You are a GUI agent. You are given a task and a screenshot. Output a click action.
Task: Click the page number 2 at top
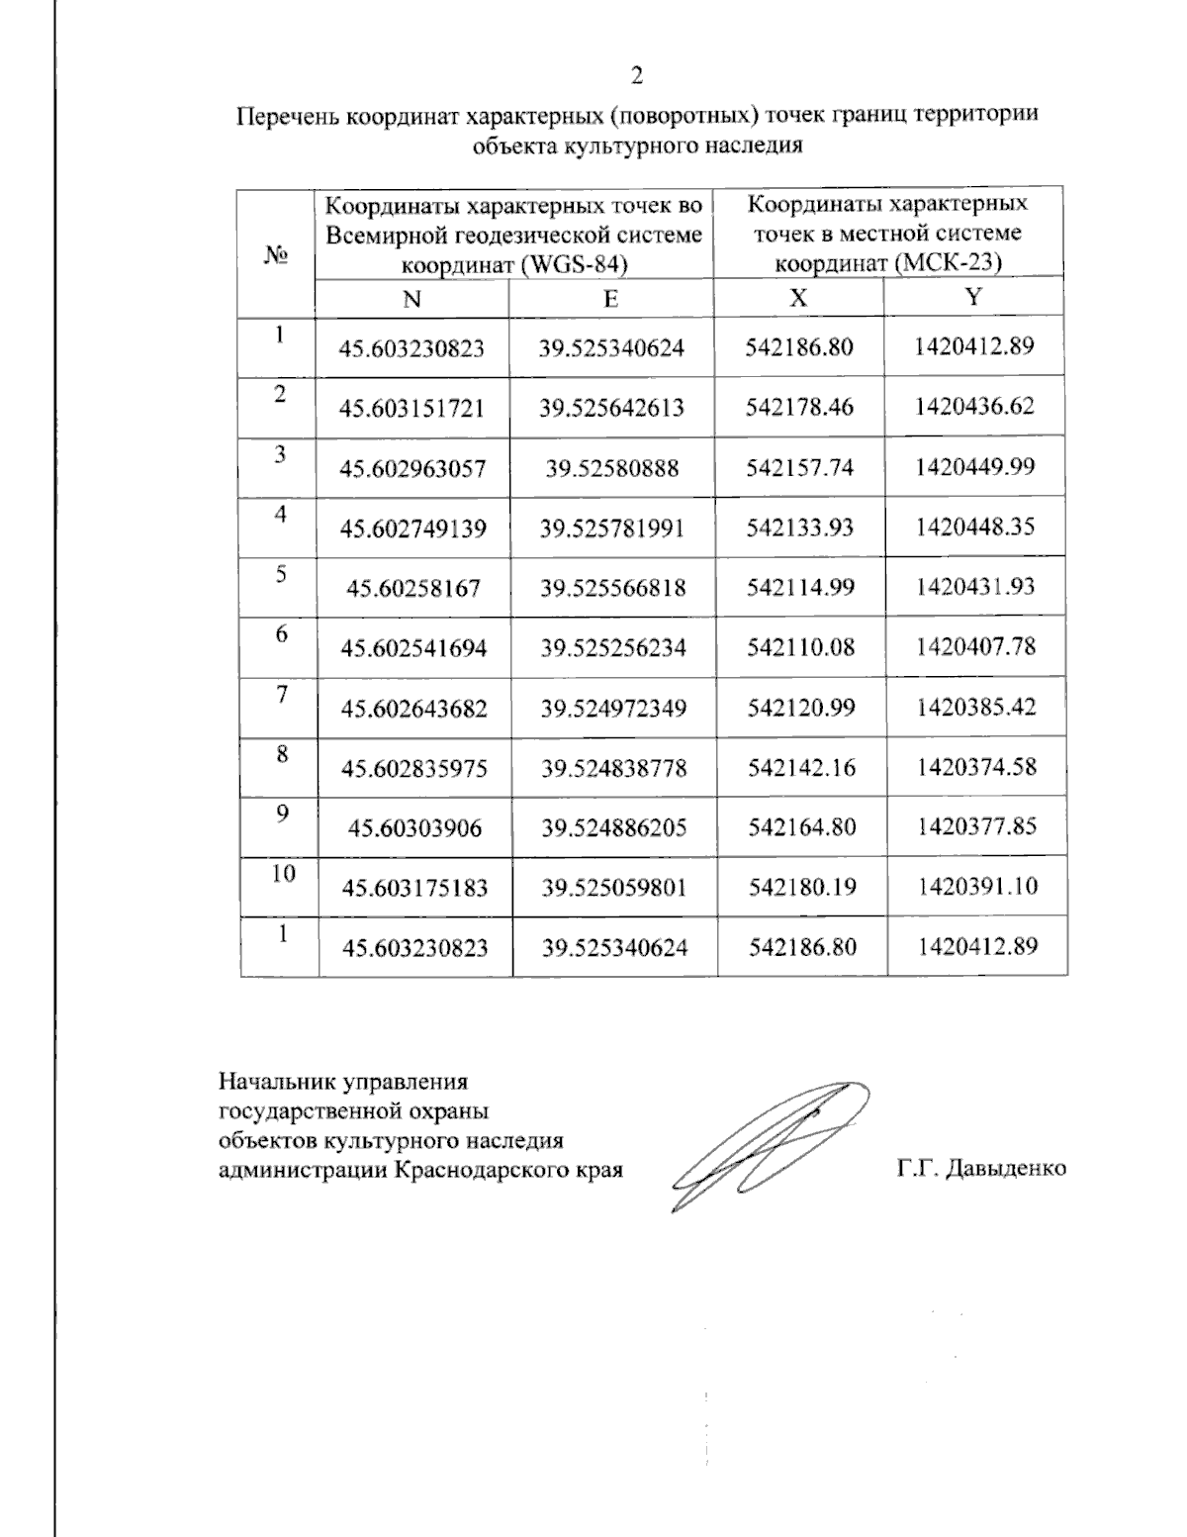coord(637,75)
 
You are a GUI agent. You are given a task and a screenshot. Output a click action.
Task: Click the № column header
coord(277,254)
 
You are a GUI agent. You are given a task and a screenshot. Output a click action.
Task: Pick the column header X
coord(798,298)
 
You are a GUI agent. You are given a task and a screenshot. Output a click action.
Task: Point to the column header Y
coord(973,297)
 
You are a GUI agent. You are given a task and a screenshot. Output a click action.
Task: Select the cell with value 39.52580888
coord(612,468)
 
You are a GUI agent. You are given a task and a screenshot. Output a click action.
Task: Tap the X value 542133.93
coord(800,527)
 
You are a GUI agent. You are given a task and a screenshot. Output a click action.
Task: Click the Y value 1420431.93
coord(975,586)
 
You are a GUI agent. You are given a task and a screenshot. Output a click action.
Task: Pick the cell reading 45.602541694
coord(413,648)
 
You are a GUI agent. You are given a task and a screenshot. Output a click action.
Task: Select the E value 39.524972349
coord(613,709)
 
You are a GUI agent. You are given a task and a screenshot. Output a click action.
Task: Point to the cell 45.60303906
coord(414,827)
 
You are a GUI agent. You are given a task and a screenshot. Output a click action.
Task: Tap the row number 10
coord(283,873)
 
